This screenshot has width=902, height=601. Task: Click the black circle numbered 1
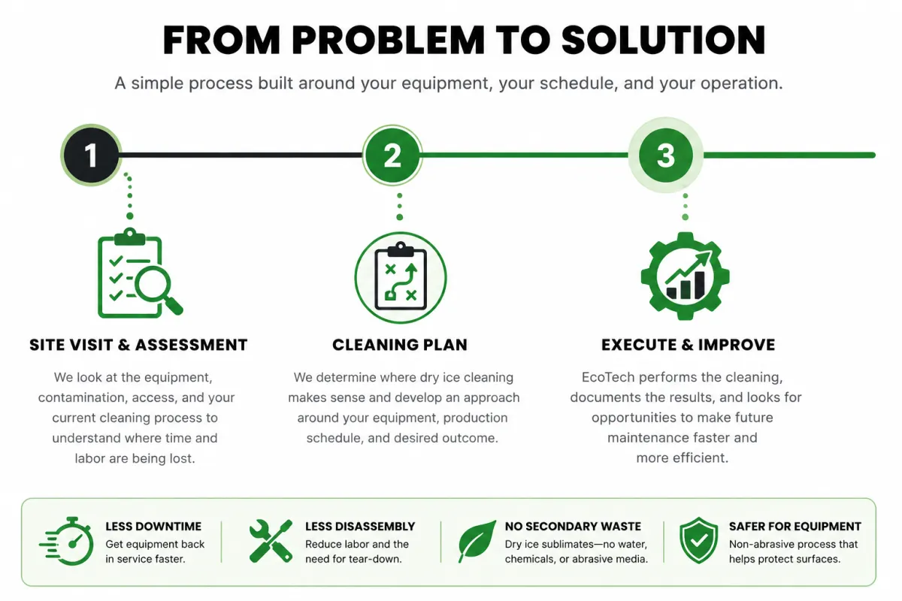point(91,155)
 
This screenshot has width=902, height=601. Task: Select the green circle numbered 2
point(392,156)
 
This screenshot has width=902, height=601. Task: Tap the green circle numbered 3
point(666,155)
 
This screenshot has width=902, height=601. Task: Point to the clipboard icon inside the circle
point(400,276)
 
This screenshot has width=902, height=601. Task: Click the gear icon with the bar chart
point(685,276)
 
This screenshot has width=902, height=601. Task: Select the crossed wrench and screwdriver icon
point(271,541)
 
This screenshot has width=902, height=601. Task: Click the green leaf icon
point(477,541)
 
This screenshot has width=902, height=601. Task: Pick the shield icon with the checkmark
point(698,540)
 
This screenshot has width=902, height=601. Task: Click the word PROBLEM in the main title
point(388,40)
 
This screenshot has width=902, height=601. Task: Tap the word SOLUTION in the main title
point(663,40)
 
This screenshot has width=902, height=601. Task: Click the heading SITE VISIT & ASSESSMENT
point(138,345)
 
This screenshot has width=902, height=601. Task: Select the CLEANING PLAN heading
point(400,345)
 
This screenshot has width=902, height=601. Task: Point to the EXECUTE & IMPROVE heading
point(689,345)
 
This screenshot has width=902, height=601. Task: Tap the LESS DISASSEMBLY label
point(360,526)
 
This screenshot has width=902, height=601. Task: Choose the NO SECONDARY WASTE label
point(573,526)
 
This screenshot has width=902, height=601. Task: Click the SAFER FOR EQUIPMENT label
point(795,526)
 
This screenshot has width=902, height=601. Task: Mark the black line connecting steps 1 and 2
point(241,155)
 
